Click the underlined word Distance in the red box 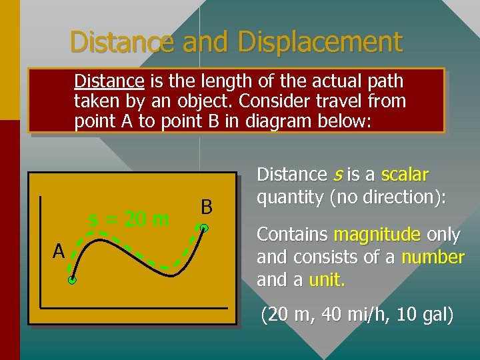109,81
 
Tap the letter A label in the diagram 59,252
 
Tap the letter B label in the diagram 206,207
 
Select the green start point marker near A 72,281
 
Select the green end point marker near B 205,229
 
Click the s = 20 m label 129,218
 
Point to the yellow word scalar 405,175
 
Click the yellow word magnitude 377,235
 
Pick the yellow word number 433,257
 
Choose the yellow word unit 325,280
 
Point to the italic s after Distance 337,175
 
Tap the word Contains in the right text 292,235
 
